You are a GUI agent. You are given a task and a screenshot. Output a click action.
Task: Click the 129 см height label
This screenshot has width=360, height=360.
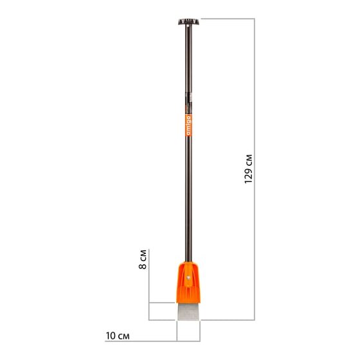pyautogui.click(x=249, y=169)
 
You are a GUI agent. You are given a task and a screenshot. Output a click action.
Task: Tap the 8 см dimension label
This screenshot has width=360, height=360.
pyautogui.click(x=143, y=259)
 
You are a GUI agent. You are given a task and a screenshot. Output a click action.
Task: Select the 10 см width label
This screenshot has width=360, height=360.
pyautogui.click(x=118, y=336)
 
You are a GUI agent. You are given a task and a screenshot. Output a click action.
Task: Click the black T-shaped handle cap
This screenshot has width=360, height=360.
pyautogui.click(x=189, y=22)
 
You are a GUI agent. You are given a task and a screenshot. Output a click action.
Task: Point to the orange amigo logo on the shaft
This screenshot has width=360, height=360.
pyautogui.click(x=188, y=125)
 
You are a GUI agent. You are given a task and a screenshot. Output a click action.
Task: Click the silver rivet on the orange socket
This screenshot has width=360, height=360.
pyautogui.click(x=188, y=278)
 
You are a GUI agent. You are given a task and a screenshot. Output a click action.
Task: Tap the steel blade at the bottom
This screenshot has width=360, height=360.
pyautogui.click(x=188, y=311)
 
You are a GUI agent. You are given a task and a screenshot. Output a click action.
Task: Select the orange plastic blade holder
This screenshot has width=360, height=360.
pyautogui.click(x=188, y=282)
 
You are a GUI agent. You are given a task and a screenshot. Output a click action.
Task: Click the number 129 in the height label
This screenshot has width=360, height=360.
pyautogui.click(x=249, y=176)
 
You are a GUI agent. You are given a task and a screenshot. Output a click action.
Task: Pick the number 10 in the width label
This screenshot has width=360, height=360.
pyautogui.click(x=111, y=336)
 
